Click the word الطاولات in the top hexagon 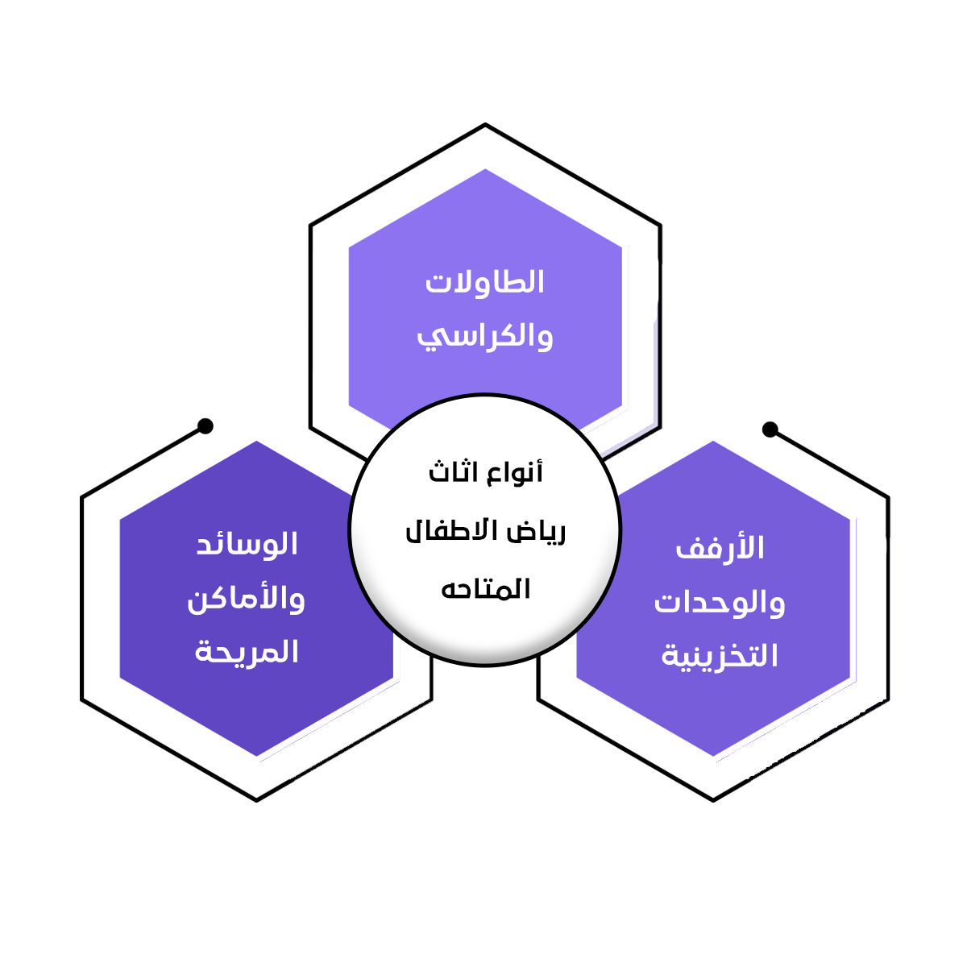pyautogui.click(x=485, y=283)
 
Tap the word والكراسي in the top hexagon pyautogui.click(x=485, y=336)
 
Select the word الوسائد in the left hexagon pyautogui.click(x=247, y=545)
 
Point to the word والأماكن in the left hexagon pyautogui.click(x=246, y=599)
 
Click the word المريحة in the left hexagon pyautogui.click(x=247, y=652)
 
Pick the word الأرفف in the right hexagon pyautogui.click(x=720, y=549)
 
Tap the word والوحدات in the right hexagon pyautogui.click(x=720, y=602)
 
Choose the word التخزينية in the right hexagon pyautogui.click(x=720, y=656)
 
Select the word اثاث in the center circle pyautogui.click(x=452, y=472)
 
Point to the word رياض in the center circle pyautogui.click(x=536, y=532)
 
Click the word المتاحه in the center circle pyautogui.click(x=485, y=589)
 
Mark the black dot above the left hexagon pyautogui.click(x=205, y=425)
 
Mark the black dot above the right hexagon pyautogui.click(x=770, y=429)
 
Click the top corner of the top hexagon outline pyautogui.click(x=485, y=125)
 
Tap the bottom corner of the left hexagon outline pyautogui.click(x=256, y=799)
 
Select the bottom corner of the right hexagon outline pyautogui.click(x=713, y=799)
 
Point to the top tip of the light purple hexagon pyautogui.click(x=485, y=169)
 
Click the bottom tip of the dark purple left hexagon pyautogui.click(x=256, y=756)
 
